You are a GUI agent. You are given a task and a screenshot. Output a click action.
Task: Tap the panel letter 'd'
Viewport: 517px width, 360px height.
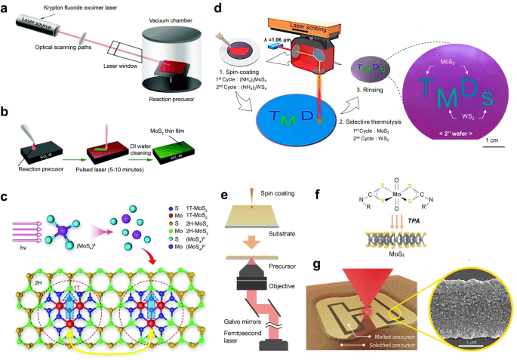pos(217,9)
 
